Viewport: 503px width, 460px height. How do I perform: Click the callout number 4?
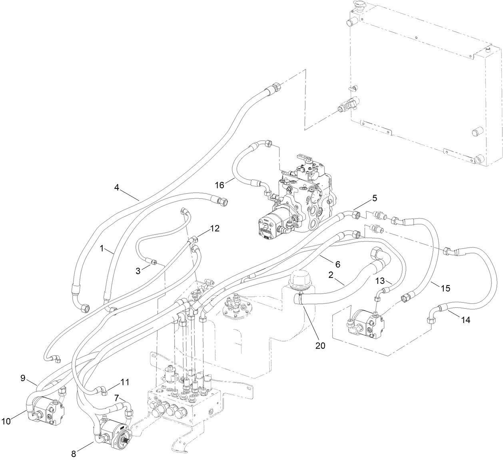pos(116,186)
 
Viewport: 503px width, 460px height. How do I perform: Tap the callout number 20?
pos(320,346)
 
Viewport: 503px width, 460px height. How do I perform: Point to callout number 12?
pos(215,228)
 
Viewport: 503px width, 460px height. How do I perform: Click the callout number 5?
pos(374,198)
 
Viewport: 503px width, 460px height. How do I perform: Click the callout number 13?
pos(380,281)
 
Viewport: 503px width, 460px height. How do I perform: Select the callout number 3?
pos(138,271)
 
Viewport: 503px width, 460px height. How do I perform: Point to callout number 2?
pos(331,275)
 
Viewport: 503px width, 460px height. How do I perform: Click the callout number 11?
pos(125,382)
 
